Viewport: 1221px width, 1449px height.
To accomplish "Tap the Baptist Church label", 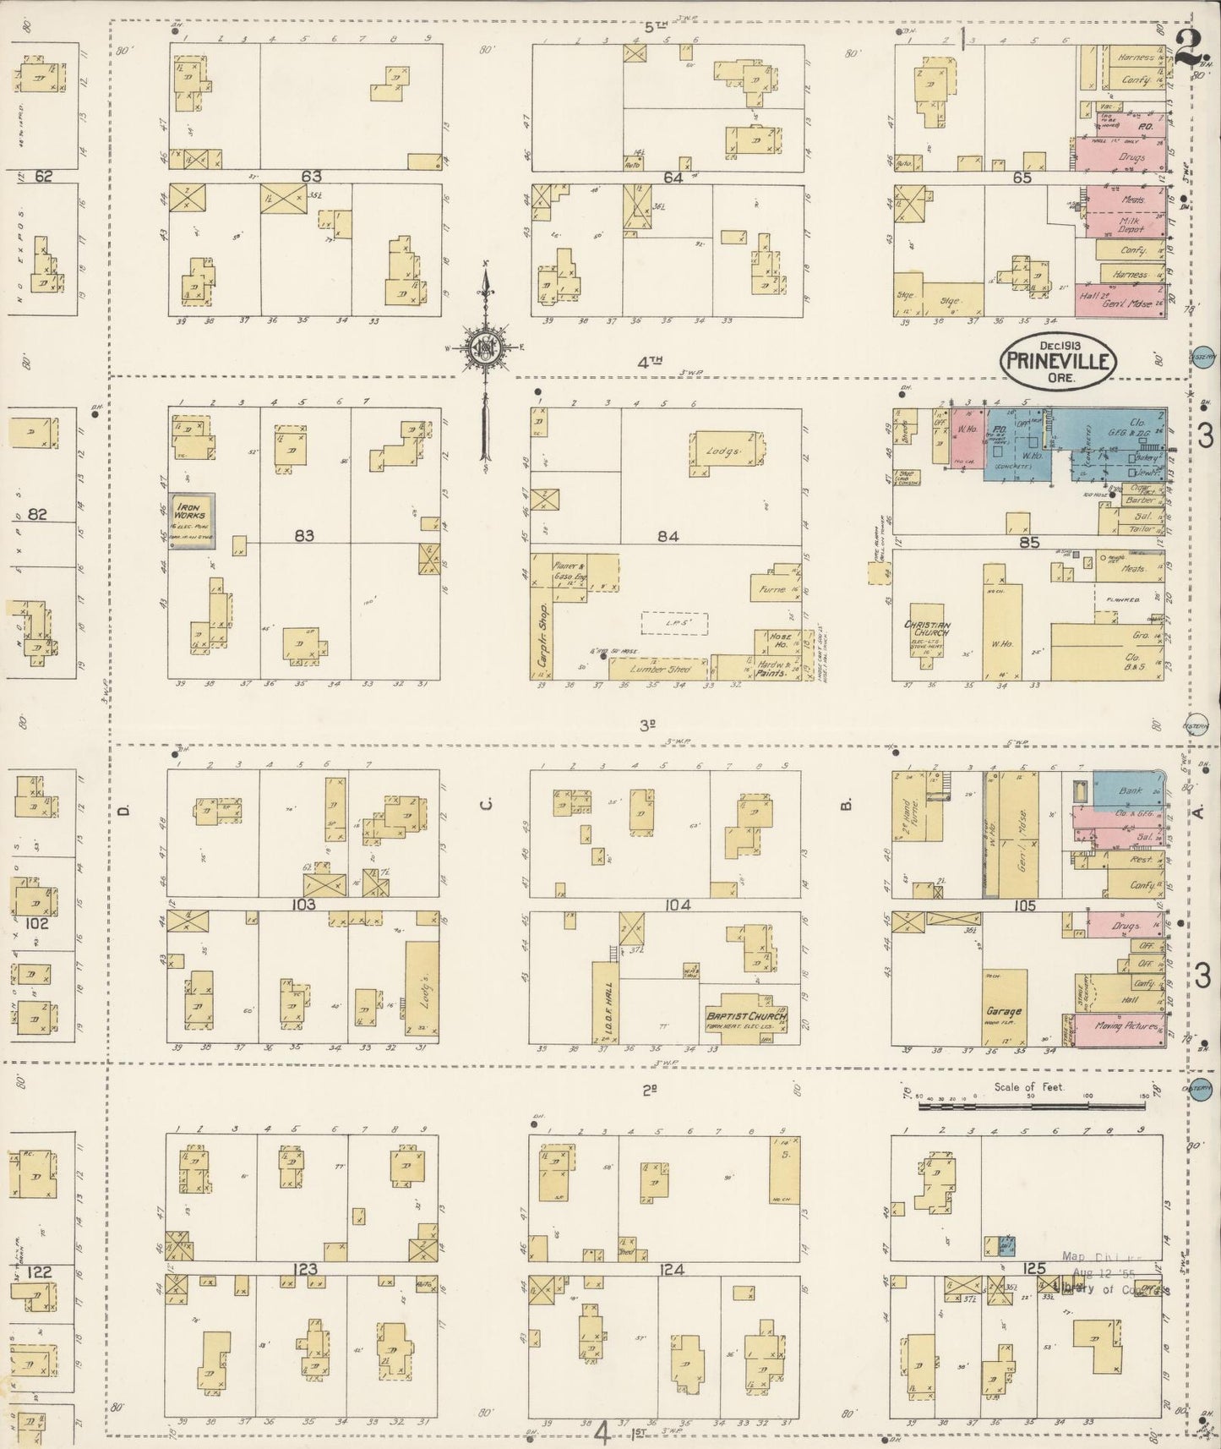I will pyautogui.click(x=746, y=1015).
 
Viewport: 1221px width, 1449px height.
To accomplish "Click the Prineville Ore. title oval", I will pyautogui.click(x=1059, y=361).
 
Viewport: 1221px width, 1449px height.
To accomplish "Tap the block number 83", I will pyautogui.click(x=304, y=535).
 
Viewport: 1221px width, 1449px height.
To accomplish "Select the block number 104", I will pyautogui.click(x=677, y=905).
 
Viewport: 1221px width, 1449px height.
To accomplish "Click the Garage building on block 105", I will pyautogui.click(x=1004, y=1009).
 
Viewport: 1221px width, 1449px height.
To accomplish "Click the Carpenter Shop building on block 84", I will pyautogui.click(x=542, y=615).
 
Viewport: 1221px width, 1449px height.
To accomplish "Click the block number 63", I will pyautogui.click(x=312, y=176).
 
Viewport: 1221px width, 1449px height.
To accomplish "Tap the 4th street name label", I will pyautogui.click(x=649, y=361).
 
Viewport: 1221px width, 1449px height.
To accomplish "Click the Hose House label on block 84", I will pyautogui.click(x=778, y=640).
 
